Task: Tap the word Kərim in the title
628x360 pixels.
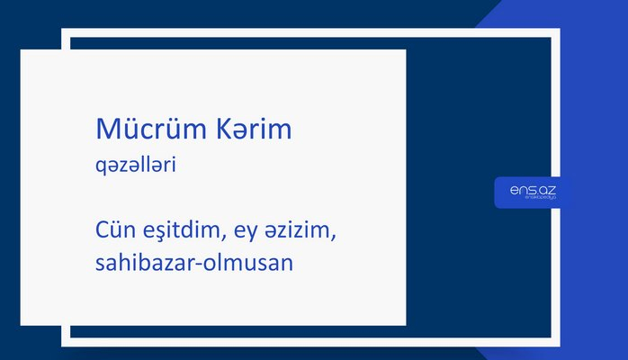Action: click(252, 130)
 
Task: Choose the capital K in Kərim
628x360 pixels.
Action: click(219, 130)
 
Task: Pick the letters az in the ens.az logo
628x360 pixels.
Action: click(547, 189)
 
